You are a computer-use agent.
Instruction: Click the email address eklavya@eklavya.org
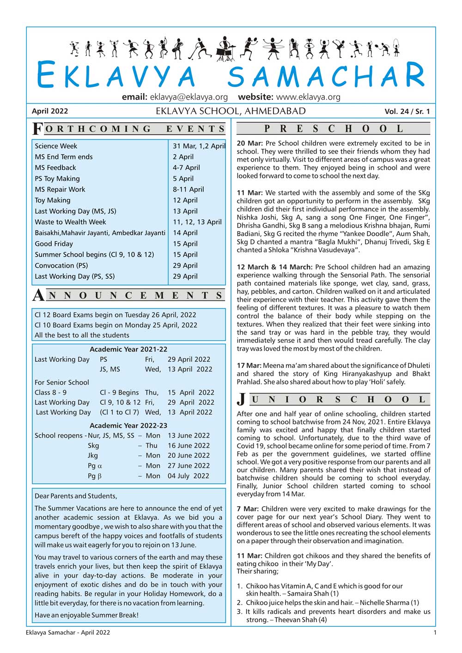(x=188, y=97)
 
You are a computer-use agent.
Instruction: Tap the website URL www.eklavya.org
(x=308, y=97)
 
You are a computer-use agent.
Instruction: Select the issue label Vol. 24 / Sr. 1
(x=407, y=111)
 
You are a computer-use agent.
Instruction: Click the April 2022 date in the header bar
(x=50, y=111)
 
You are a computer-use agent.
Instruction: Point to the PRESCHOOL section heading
(x=333, y=128)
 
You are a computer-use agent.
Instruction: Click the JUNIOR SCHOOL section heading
(x=333, y=399)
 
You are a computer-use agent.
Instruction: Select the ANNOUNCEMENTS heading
(x=128, y=295)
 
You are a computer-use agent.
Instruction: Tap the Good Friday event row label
(x=54, y=244)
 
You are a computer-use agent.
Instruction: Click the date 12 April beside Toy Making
(x=185, y=200)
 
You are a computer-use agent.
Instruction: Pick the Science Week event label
(x=56, y=146)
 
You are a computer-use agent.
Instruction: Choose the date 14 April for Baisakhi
(x=185, y=233)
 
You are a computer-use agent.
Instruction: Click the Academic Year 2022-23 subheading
(x=128, y=425)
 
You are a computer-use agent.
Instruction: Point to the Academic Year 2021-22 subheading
(x=128, y=349)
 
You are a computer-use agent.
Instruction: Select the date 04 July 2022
(x=188, y=476)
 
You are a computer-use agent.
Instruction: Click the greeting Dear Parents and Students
(x=76, y=496)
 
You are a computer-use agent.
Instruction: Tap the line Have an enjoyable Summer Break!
(x=86, y=615)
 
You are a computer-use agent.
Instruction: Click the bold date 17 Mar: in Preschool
(x=249, y=365)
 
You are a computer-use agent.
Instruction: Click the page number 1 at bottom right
(x=435, y=633)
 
